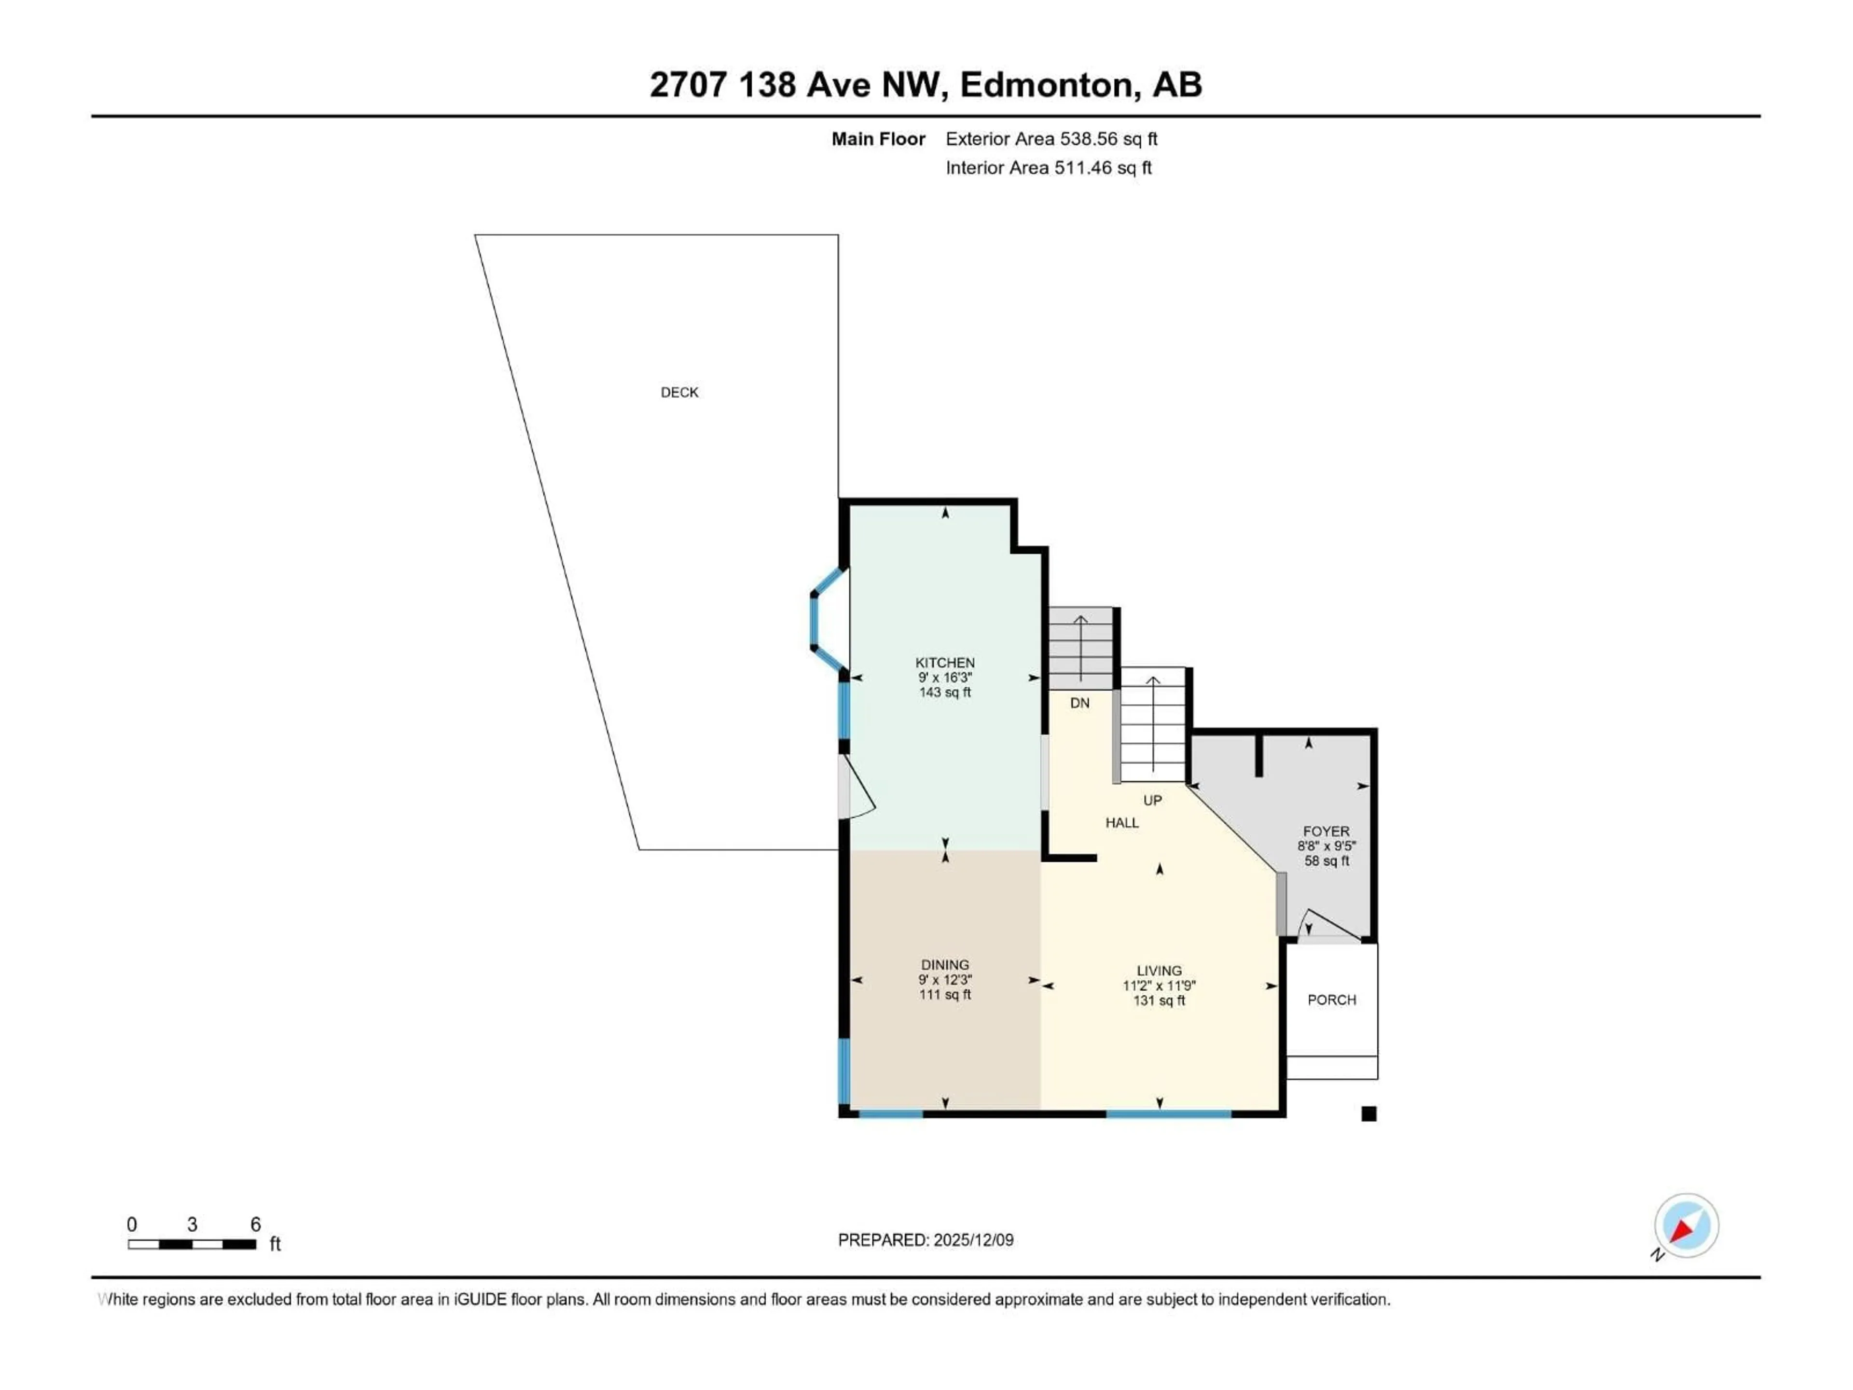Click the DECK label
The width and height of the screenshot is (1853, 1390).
point(679,392)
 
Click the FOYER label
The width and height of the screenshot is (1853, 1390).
point(1326,831)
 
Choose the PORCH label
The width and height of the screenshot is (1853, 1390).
point(1331,1000)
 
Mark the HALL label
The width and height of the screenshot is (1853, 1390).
point(1121,823)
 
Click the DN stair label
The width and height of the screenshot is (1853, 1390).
point(1080,703)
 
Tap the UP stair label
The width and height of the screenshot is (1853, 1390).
point(1153,800)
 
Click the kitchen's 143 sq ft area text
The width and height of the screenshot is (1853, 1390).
point(945,692)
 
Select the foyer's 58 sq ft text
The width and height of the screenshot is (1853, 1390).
point(1326,861)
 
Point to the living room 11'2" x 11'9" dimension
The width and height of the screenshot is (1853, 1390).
point(1160,986)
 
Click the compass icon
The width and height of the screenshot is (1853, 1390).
point(1687,1226)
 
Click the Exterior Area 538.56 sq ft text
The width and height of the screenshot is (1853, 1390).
point(1051,139)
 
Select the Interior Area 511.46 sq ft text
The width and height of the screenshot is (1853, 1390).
point(1048,167)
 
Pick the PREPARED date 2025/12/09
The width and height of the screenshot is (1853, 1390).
point(926,1240)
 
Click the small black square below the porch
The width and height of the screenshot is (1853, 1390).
point(1369,1113)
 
